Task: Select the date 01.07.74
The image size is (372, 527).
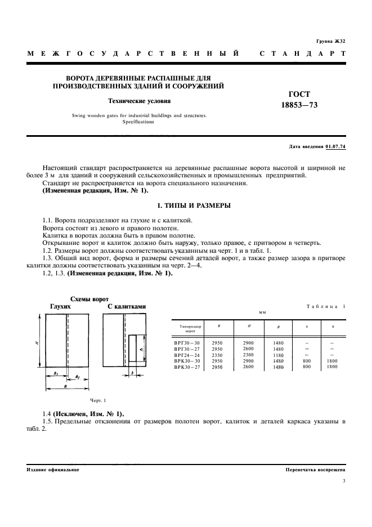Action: [335, 147]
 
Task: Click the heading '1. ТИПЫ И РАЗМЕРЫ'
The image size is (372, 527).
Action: [186, 206]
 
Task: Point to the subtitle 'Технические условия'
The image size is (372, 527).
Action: [139, 101]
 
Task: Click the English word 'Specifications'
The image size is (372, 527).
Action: [139, 122]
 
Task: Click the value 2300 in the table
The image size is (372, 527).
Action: [248, 355]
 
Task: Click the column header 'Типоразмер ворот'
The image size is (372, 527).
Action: [186, 328]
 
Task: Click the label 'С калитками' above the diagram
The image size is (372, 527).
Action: [127, 306]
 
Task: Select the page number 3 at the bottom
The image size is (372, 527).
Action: [343, 480]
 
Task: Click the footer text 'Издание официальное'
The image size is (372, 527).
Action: [53, 469]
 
